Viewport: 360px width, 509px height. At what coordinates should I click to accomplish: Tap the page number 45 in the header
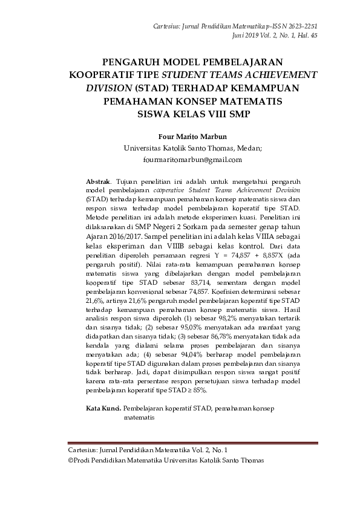point(313,36)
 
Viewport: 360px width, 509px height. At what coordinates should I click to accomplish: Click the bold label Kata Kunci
point(103,409)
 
